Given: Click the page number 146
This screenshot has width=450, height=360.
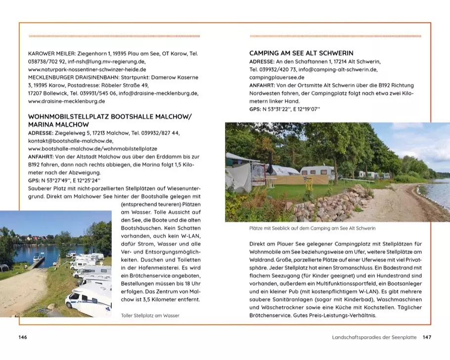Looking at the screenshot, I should point(22,337).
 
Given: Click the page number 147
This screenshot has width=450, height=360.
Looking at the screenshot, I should point(427,337).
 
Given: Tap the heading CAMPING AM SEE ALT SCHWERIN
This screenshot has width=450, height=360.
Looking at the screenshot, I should point(301,53).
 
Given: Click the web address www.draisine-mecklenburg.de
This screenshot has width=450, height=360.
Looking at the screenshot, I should point(67,101).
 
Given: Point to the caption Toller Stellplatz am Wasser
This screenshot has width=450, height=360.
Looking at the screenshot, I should point(150,315).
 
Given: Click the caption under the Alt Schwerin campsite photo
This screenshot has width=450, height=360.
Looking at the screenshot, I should point(313,228).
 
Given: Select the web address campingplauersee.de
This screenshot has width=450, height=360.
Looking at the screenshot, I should point(277,78).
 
